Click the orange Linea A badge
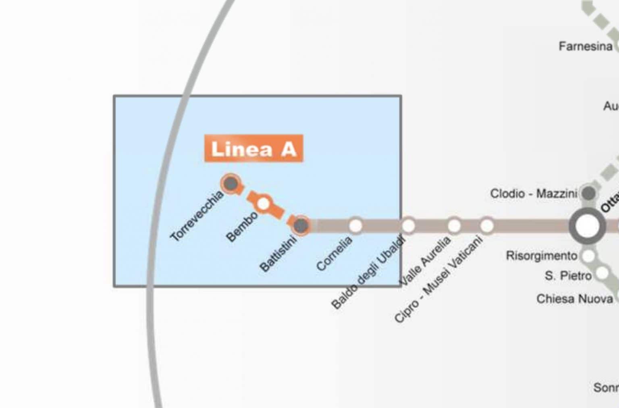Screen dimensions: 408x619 click(253, 148)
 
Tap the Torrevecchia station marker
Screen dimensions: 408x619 click(231, 184)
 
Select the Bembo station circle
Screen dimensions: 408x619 click(263, 204)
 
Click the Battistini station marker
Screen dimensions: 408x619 click(301, 225)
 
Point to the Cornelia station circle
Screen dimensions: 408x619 click(355, 226)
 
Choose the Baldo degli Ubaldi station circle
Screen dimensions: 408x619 click(408, 226)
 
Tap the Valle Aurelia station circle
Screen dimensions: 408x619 click(454, 226)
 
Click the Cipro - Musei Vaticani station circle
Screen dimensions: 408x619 click(486, 226)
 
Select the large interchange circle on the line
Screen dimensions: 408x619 click(587, 226)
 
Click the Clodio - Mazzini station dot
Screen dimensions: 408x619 click(588, 194)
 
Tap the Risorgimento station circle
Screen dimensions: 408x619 click(589, 256)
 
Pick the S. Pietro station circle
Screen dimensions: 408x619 click(602, 274)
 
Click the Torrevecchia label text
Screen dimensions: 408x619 click(197, 216)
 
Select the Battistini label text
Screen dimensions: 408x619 click(278, 253)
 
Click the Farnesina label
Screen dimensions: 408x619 click(585, 47)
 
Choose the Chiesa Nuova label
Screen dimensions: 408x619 click(574, 299)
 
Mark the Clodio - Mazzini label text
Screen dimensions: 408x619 click(534, 194)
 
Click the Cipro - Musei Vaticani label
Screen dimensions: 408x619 click(438, 279)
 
